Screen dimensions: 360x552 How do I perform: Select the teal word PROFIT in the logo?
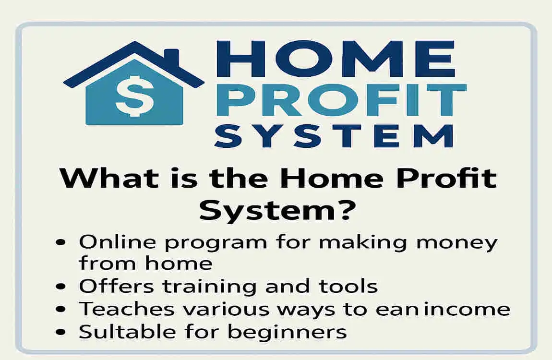point(339,101)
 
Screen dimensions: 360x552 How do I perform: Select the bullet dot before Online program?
point(60,243)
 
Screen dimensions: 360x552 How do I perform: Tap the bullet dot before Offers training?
point(60,287)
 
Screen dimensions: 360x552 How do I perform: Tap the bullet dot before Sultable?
point(60,332)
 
